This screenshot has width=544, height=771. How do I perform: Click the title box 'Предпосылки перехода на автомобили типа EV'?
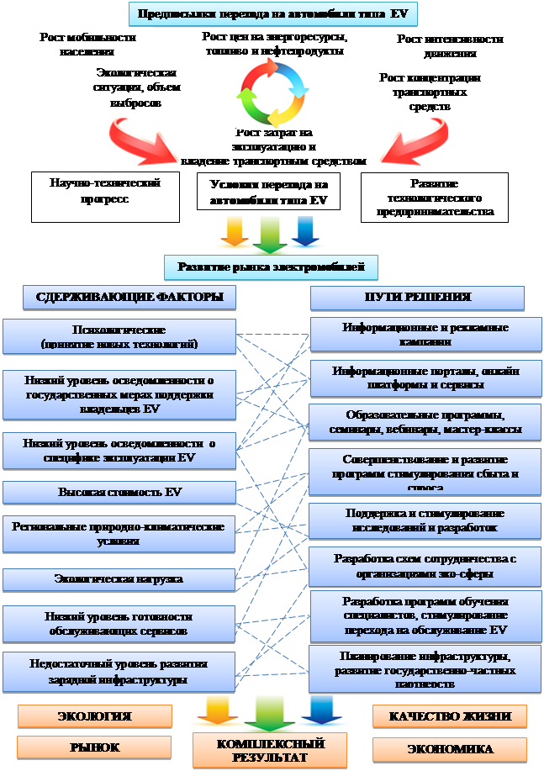[272, 14]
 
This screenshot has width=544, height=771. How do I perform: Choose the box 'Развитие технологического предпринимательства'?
[435, 198]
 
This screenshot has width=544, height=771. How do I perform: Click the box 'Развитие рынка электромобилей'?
[272, 267]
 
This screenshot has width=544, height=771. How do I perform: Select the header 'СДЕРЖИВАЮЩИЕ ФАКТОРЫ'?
[129, 297]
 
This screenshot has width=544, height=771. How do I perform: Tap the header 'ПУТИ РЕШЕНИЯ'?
[417, 298]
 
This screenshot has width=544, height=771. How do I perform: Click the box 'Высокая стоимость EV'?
[119, 492]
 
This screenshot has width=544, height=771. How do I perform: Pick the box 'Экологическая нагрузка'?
[119, 579]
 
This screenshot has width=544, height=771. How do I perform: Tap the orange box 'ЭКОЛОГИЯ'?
[94, 716]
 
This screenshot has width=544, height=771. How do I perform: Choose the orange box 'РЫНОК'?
[94, 747]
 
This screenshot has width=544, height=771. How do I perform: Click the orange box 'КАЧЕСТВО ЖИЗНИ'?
[450, 716]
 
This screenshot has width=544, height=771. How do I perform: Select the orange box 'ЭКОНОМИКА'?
[450, 749]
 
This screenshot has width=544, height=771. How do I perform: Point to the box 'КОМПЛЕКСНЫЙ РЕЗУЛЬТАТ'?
[271, 751]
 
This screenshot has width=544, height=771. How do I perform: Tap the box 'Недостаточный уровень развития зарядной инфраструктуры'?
[119, 672]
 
